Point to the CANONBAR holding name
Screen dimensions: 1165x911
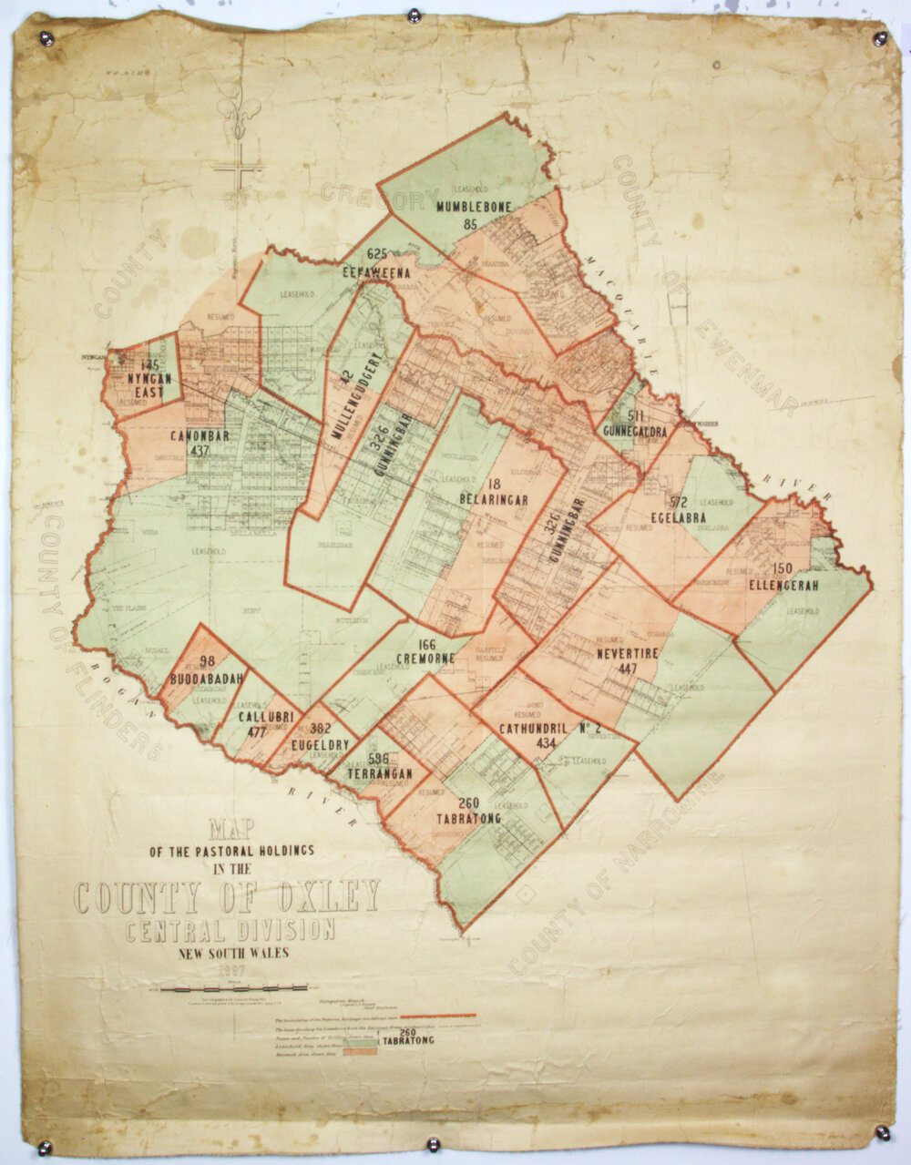pyautogui.click(x=199, y=435)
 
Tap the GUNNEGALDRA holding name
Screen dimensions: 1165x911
pyautogui.click(x=634, y=432)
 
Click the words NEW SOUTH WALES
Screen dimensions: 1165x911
pyautogui.click(x=233, y=954)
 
